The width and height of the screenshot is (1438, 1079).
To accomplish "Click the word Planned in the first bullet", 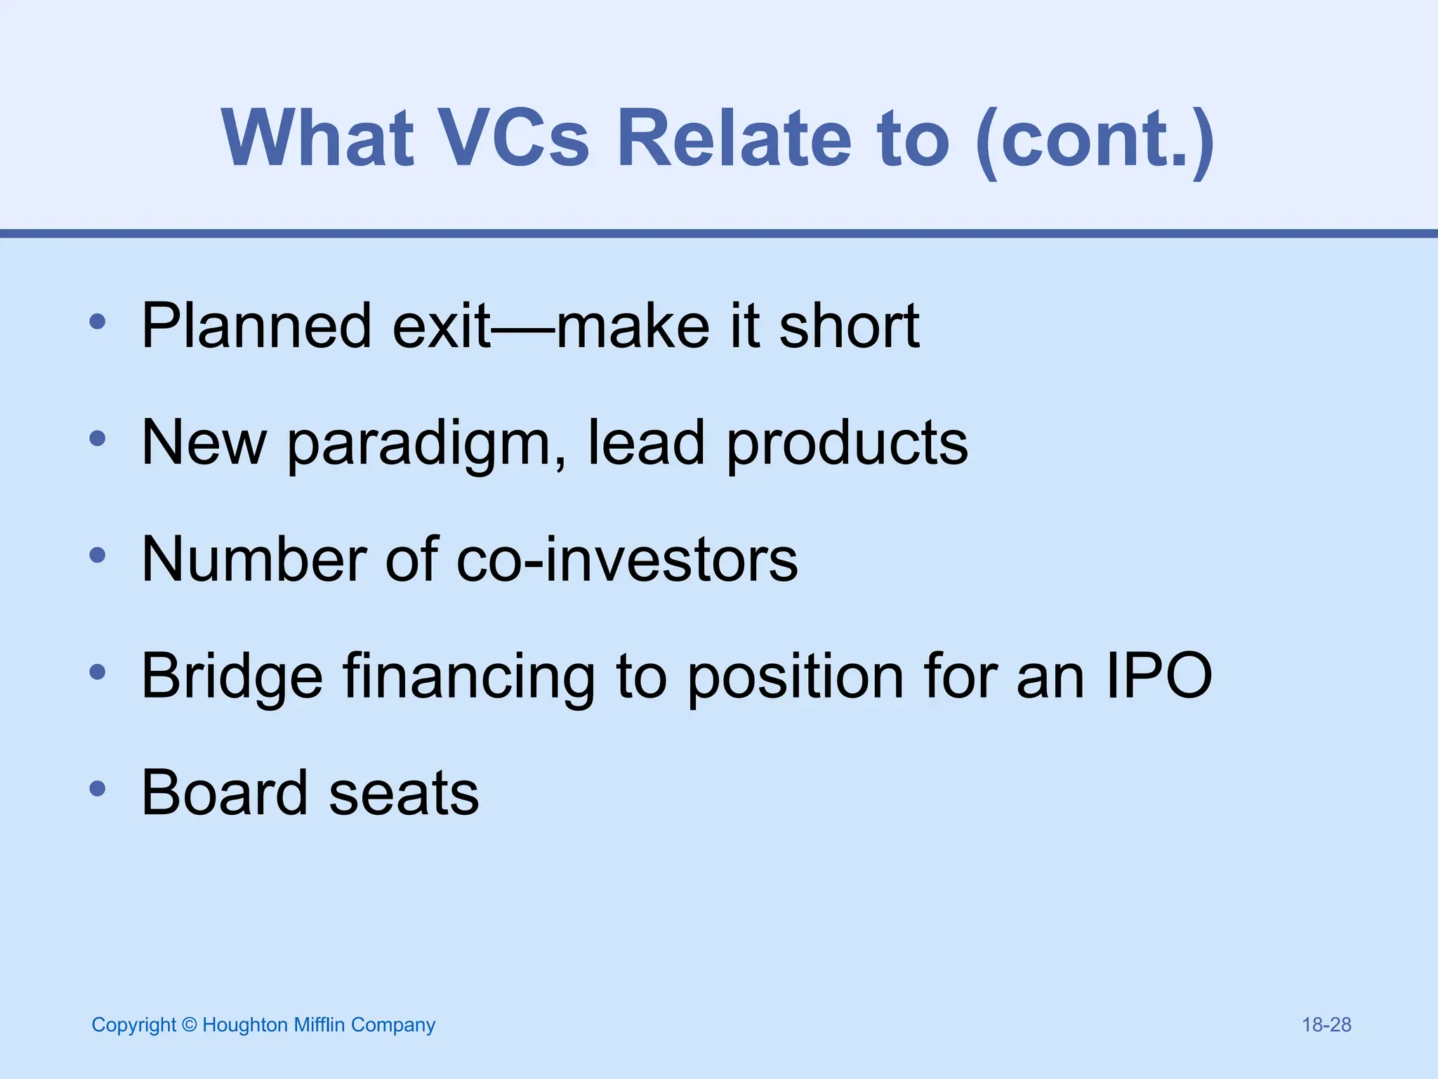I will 256,325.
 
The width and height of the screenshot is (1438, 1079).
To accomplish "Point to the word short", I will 849,325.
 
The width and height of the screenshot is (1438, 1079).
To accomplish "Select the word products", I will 847,444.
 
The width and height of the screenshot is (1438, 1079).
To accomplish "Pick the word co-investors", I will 627,560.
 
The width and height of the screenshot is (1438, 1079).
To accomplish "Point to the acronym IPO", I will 1159,676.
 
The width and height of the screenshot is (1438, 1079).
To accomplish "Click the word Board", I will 225,793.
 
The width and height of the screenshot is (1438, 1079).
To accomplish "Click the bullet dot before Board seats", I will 98,789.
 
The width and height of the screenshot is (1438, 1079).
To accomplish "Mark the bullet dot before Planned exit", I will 98,322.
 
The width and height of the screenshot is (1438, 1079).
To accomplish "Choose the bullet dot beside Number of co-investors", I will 98,556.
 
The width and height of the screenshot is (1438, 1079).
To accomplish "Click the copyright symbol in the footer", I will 189,1025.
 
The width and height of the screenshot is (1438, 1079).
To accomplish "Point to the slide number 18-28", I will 1326,1025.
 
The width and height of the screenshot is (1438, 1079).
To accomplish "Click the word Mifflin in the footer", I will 319,1025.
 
